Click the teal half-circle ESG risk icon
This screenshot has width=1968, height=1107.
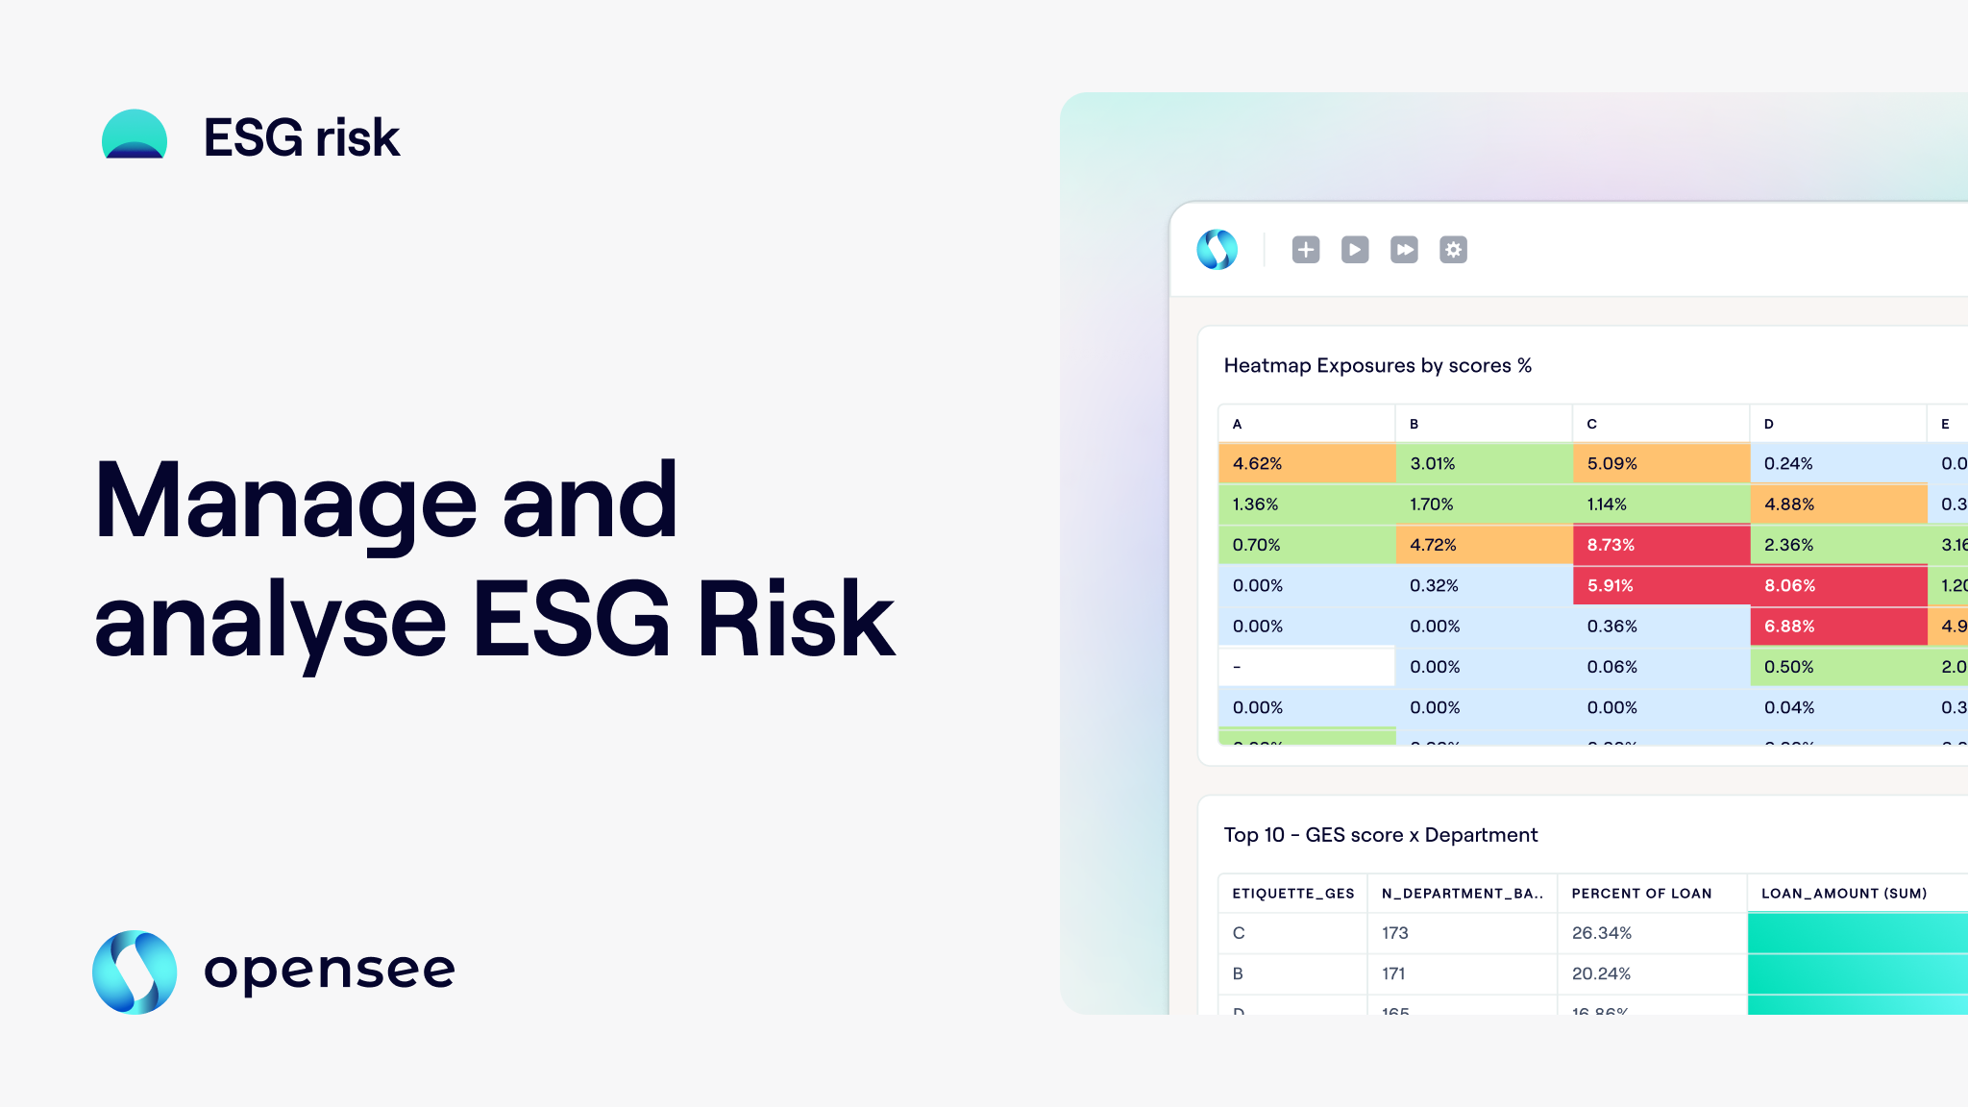(x=135, y=135)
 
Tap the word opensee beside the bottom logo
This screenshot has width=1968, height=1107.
(x=330, y=971)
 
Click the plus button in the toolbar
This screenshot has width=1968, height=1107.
(x=1305, y=250)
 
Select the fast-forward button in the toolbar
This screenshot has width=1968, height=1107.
(x=1404, y=250)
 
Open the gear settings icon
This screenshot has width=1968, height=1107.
(x=1453, y=250)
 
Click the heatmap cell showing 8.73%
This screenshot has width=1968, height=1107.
(x=1660, y=545)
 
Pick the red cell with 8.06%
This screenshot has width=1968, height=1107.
(x=1837, y=585)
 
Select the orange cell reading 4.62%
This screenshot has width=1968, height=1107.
(x=1306, y=463)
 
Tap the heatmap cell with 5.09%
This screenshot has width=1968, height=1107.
(x=1660, y=463)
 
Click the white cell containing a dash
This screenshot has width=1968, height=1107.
(x=1306, y=667)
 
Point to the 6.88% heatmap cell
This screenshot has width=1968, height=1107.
(x=1837, y=627)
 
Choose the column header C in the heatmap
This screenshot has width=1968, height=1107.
(x=1592, y=424)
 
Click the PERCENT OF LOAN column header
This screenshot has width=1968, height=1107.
(x=1641, y=894)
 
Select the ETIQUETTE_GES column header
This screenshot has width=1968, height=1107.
(x=1292, y=894)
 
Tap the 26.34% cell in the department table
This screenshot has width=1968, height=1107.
(x=1602, y=933)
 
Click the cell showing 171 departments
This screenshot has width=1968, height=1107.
(x=1393, y=973)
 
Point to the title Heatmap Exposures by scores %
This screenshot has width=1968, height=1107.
(x=1377, y=366)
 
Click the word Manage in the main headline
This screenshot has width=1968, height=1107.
(x=285, y=502)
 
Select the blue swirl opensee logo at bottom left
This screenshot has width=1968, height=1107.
(x=135, y=972)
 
